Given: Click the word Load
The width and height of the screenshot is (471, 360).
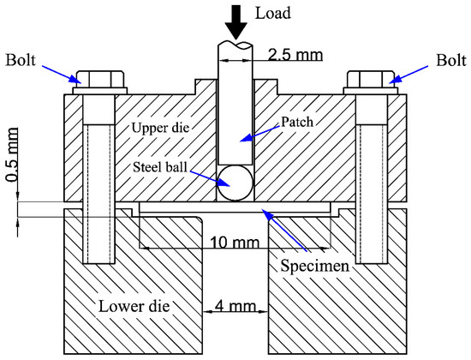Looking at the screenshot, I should tap(275, 13).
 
